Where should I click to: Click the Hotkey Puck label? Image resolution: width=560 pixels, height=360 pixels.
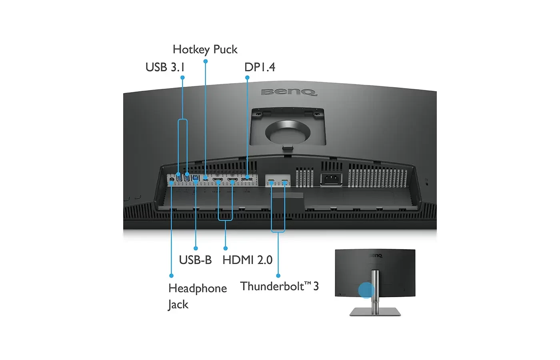coord(205,49)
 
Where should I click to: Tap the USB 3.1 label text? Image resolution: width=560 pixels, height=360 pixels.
coord(165,67)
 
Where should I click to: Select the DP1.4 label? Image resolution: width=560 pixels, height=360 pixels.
coord(260,67)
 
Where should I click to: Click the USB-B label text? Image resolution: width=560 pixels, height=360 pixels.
coord(195,260)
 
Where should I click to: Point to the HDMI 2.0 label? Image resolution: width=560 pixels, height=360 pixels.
coord(247,260)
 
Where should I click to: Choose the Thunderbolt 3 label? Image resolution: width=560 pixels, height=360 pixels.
coord(279,286)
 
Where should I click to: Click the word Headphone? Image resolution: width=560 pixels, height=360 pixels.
coord(198,288)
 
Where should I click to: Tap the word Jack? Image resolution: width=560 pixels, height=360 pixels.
coord(178,304)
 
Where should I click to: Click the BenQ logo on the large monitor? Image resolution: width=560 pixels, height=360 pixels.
coord(289,92)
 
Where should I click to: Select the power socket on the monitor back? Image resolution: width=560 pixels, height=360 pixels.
coord(331,179)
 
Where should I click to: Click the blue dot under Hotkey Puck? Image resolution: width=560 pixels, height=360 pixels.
coord(206,61)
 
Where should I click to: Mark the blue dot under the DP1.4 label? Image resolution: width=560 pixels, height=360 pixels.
coord(247,78)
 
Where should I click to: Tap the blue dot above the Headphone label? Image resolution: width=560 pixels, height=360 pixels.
coord(171,276)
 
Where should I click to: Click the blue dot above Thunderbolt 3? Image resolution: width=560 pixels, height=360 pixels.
coord(278,276)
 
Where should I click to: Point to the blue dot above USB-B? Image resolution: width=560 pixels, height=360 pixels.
coord(196,248)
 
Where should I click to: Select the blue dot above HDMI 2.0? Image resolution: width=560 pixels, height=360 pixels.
coord(226,248)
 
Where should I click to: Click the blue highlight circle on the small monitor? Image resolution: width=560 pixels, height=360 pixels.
coord(366,290)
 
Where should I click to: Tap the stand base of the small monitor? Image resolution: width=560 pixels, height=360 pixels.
coord(375,311)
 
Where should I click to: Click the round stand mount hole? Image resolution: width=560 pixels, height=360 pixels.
coord(288,132)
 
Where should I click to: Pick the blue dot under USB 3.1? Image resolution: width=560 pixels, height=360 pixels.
coord(182,78)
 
